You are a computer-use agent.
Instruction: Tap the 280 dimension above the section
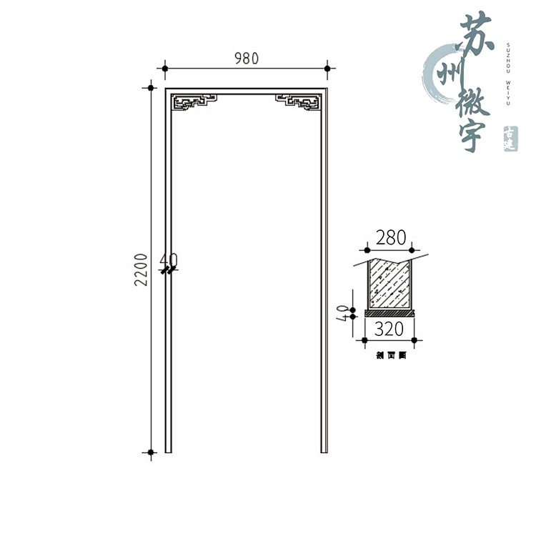click(389, 238)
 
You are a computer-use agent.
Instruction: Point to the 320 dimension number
click(389, 329)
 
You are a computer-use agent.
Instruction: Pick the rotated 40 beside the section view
click(344, 312)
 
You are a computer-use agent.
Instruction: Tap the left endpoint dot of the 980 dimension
click(165, 69)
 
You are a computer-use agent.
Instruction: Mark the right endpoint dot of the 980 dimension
click(327, 69)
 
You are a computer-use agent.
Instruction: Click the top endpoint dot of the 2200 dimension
click(151, 88)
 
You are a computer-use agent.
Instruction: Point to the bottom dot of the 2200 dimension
click(151, 452)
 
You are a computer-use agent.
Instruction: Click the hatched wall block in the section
click(389, 284)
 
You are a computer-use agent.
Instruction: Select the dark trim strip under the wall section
click(389, 312)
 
